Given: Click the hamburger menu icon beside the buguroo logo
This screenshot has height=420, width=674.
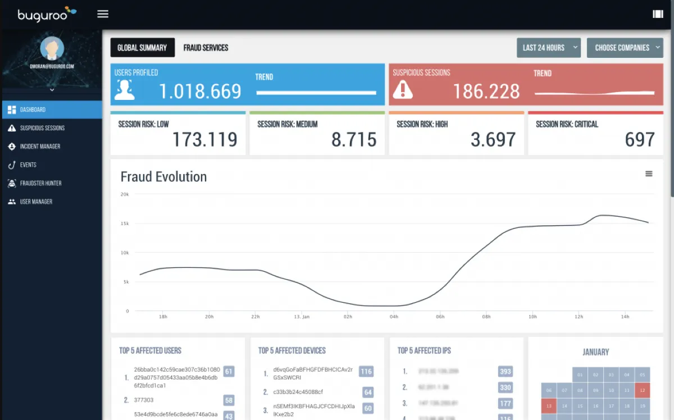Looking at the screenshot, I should point(103,14).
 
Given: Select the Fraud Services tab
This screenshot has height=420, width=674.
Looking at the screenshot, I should point(206,48).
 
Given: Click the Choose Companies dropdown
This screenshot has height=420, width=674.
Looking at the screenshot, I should point(625,48).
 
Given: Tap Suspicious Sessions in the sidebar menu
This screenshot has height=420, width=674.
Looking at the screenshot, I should point(42,128).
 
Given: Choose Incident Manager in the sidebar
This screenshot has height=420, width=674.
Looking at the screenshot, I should point(40,147).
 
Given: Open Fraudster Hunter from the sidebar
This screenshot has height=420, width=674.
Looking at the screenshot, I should point(40,183).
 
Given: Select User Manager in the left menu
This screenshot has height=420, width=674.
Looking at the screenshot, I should point(36,202).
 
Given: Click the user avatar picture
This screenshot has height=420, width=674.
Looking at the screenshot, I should point(52,49).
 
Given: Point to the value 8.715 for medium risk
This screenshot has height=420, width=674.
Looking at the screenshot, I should point(354,139).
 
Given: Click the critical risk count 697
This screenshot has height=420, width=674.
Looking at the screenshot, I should point(640,139).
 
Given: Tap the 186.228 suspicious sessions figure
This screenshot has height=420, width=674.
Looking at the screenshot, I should point(486,91).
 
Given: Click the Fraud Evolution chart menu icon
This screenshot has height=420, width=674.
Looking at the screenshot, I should point(649,174).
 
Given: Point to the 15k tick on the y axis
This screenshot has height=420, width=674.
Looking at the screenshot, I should point(125,223).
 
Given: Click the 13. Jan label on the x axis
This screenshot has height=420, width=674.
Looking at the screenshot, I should point(302,317).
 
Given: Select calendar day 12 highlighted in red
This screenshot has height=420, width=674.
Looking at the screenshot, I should point(643,390).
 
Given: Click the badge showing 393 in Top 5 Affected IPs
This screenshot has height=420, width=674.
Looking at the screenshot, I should point(505,371).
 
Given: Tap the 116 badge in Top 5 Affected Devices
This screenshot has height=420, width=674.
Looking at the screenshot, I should point(366,371).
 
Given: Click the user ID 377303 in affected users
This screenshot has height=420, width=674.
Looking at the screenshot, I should point(144,400).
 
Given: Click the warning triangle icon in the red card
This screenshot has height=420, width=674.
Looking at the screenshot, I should point(403,90).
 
